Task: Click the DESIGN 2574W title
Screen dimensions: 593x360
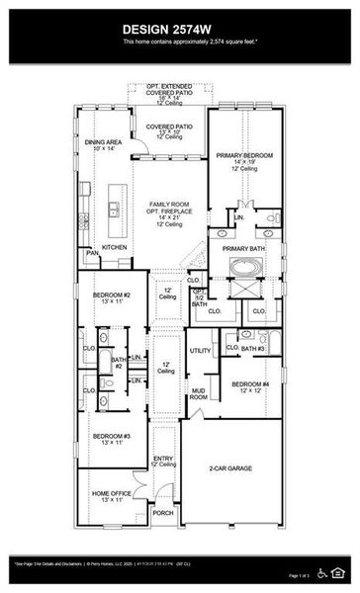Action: [x=179, y=29]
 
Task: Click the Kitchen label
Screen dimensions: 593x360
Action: [x=115, y=246]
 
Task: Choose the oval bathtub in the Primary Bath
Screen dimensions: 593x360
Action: [x=242, y=266]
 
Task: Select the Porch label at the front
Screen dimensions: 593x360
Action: [x=163, y=512]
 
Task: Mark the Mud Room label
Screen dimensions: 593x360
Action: [x=199, y=394]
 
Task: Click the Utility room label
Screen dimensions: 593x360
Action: [x=200, y=351]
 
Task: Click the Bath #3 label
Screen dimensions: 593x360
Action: [x=253, y=348]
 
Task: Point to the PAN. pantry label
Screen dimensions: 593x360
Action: [x=91, y=253]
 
